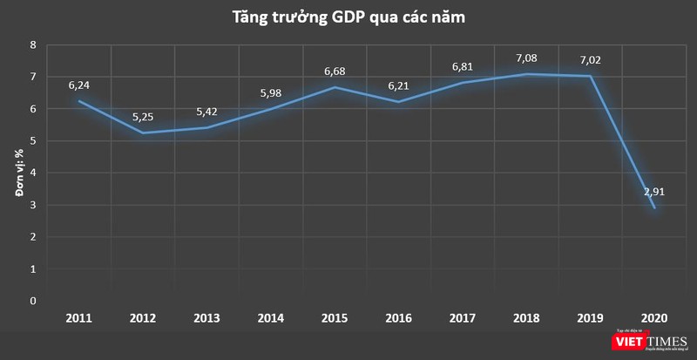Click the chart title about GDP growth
tap(348, 17)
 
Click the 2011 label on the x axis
tap(79, 318)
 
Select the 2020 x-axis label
tap(654, 318)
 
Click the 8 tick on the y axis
tap(33, 44)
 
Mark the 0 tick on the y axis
tap(33, 301)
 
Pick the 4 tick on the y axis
tap(33, 173)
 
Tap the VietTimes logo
tap(645, 343)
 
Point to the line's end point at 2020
tap(654, 207)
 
